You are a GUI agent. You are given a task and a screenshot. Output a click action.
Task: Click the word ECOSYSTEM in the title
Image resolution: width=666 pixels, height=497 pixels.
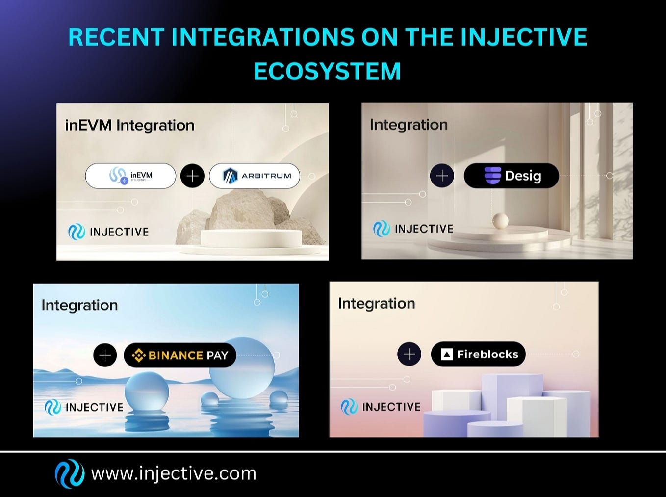[327, 72]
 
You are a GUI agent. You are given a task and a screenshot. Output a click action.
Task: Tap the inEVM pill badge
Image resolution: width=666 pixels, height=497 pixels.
[130, 176]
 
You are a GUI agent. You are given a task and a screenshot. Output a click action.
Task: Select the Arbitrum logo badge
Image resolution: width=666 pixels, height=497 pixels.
[255, 176]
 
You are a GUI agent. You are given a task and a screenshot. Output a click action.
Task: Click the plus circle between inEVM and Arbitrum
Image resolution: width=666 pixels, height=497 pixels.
[192, 176]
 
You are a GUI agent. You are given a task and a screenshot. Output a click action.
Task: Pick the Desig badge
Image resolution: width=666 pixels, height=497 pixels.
[511, 176]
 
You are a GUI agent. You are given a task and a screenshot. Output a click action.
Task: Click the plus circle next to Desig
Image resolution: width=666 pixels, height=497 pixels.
[442, 176]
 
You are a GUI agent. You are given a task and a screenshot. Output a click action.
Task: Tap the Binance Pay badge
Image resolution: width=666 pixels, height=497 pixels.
[180, 355]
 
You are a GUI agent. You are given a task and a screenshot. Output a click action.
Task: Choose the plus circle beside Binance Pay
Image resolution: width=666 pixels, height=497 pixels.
[105, 355]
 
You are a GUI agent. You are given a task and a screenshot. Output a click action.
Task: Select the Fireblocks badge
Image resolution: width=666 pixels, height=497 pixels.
[478, 354]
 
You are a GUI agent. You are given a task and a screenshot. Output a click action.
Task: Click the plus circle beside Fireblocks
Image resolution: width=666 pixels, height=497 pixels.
[409, 354]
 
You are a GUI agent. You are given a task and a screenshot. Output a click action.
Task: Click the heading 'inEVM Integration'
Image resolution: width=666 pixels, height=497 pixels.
[130, 126]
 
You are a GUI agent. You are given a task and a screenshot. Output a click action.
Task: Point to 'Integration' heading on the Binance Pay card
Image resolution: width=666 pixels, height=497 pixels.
[79, 305]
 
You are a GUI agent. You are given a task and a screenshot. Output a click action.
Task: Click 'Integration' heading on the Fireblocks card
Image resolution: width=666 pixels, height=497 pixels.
[376, 304]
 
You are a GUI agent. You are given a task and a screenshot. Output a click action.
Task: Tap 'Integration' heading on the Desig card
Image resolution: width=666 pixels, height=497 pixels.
[409, 125]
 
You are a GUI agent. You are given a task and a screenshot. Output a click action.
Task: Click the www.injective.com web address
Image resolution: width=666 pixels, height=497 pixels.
[174, 474]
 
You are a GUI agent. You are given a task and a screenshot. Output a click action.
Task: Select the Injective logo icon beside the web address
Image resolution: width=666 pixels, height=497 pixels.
[69, 473]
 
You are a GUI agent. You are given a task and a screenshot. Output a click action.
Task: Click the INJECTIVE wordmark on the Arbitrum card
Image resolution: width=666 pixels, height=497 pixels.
[119, 232]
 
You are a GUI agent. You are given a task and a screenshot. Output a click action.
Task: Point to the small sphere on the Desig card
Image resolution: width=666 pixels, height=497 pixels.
[500, 221]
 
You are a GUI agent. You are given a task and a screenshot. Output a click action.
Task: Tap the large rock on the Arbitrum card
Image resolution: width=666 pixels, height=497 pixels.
[245, 211]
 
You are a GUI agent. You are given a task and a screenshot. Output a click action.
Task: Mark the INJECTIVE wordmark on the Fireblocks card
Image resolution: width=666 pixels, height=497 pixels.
[391, 407]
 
